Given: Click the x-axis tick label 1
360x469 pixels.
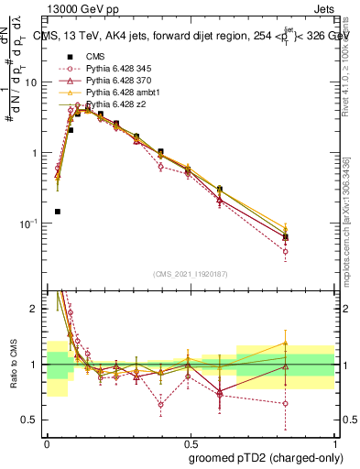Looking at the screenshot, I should [x=334, y=441].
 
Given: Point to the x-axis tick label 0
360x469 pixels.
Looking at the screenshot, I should [x=47, y=441].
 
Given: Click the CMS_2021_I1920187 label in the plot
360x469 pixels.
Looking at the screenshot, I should [x=191, y=273].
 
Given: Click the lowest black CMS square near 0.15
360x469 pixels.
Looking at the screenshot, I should [x=57, y=212].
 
